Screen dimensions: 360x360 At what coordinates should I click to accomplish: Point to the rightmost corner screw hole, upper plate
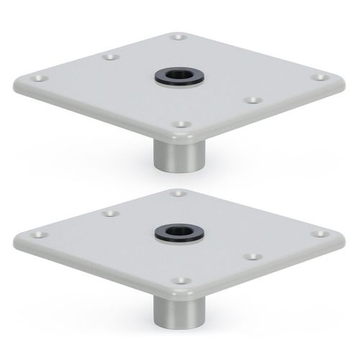[318, 75]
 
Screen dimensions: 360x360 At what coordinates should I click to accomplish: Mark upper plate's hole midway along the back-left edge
[109, 55]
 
